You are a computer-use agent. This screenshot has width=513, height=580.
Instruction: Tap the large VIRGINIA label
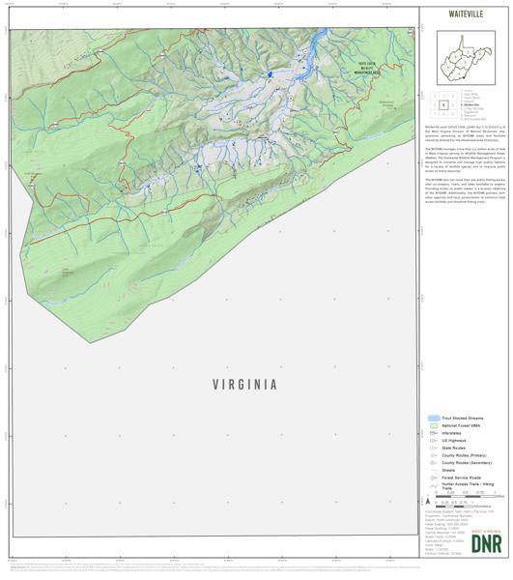coord(244,384)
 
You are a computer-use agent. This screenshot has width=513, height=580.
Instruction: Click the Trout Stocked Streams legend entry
coord(461,418)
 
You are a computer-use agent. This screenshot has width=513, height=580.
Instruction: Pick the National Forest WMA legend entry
coord(461,425)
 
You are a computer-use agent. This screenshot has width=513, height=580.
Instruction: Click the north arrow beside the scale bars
coord(428,501)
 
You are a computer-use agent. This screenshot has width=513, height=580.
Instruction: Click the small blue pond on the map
coord(271,73)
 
